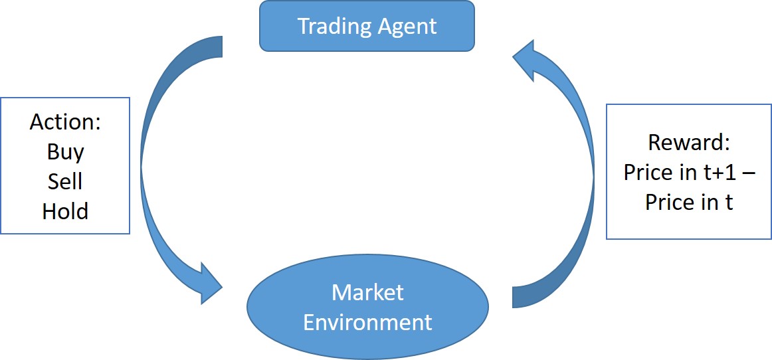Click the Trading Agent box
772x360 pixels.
pos(367,27)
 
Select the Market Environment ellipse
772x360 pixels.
pos(367,307)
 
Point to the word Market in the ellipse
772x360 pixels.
pos(367,292)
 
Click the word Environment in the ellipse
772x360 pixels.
pos(367,322)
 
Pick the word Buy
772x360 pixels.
pos(65,152)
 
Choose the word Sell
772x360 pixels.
pos(65,181)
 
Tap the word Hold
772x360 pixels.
pos(65,211)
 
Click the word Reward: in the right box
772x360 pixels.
pos(688,143)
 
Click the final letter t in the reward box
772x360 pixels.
pos(729,202)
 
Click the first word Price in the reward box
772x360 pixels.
pos(648,173)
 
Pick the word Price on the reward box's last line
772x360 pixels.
pos(670,202)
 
